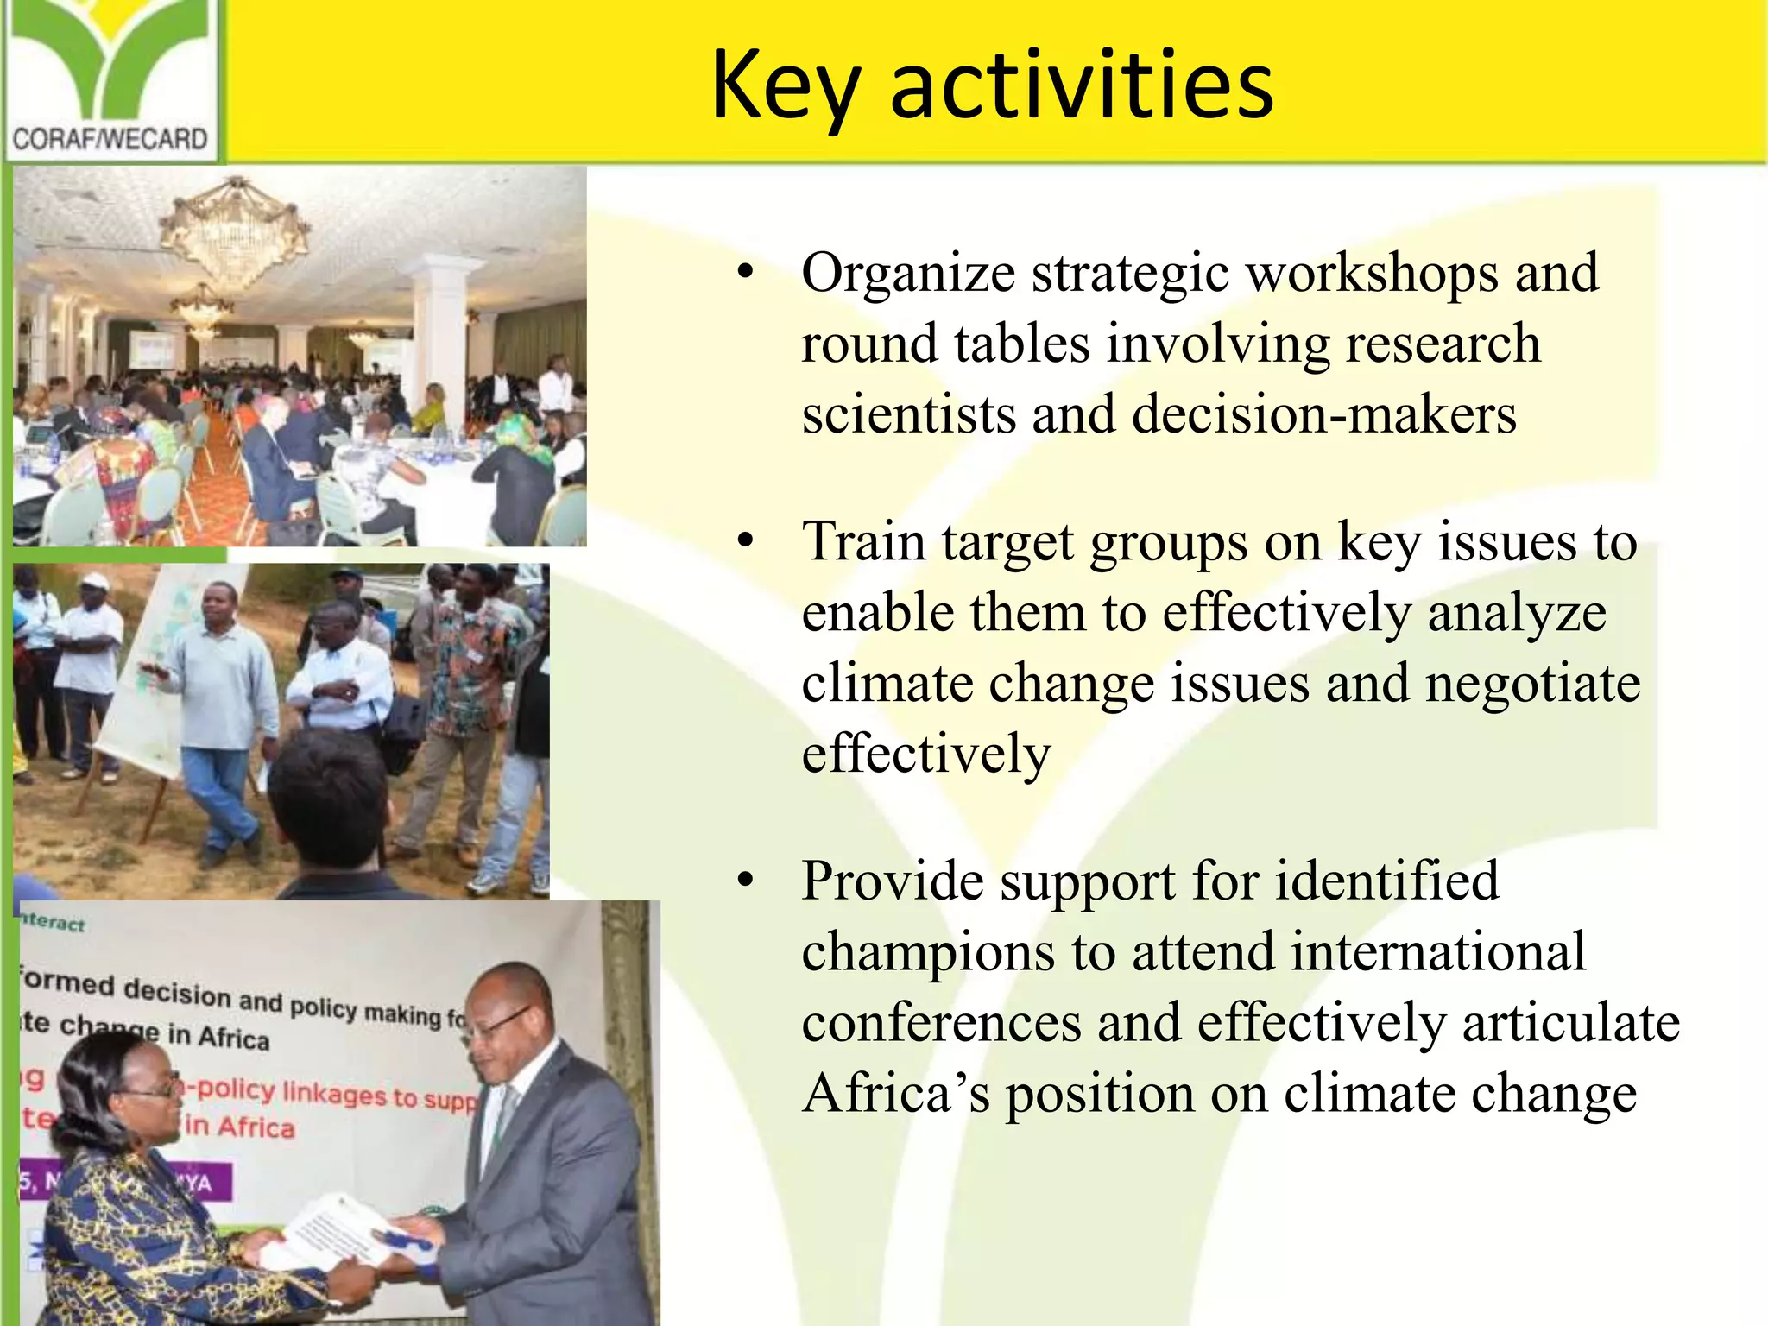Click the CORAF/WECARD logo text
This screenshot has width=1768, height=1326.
click(x=110, y=138)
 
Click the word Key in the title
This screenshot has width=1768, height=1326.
click(x=786, y=86)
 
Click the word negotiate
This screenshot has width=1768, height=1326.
click(x=1532, y=684)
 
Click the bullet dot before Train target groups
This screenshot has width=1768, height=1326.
click(x=746, y=543)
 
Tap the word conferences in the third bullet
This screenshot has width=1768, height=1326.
click(x=941, y=1024)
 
